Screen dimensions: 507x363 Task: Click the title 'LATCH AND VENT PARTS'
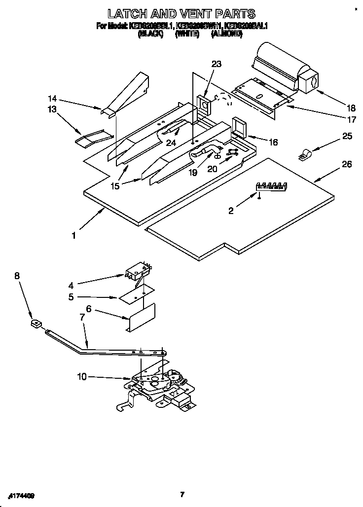pos(181,13)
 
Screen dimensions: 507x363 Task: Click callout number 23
pos(217,64)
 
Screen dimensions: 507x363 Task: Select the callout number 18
pos(337,108)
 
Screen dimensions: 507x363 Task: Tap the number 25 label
pos(347,136)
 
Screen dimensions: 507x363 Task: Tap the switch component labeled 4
pos(137,272)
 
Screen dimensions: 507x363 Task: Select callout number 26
pos(347,164)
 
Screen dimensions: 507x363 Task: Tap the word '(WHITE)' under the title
pos(187,34)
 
